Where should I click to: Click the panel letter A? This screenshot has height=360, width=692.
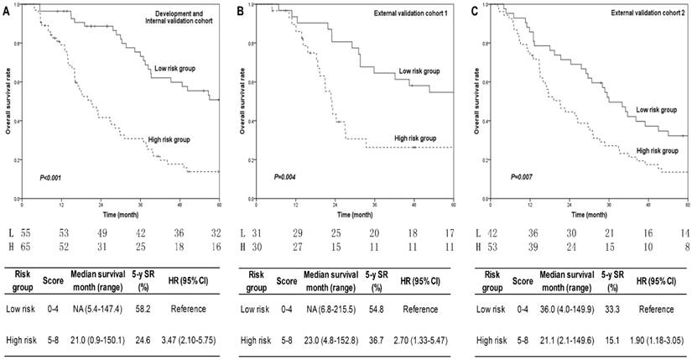[x=5, y=10]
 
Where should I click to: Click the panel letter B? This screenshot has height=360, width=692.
[x=241, y=10]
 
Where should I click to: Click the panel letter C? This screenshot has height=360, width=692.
[x=475, y=10]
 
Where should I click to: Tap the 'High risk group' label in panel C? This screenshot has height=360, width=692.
[x=657, y=149]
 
